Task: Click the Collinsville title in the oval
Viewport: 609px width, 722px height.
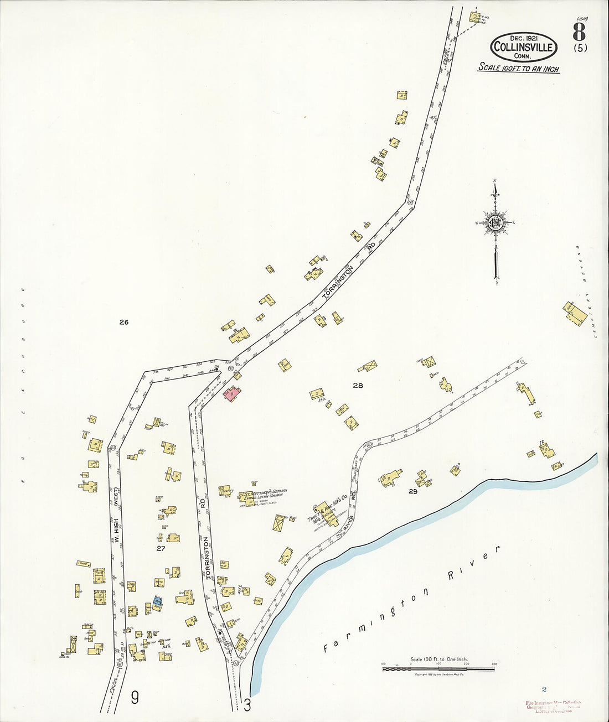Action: (523, 47)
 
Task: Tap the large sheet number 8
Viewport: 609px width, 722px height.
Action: (579, 30)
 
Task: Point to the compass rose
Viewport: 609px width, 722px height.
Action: (495, 223)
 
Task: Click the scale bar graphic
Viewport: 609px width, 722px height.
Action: (438, 669)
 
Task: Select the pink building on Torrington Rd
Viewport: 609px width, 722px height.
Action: (231, 393)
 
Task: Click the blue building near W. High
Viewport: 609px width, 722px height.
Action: (157, 601)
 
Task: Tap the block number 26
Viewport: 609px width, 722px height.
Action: (123, 322)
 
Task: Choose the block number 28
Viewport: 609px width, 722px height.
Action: (358, 386)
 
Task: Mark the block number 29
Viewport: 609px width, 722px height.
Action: (412, 491)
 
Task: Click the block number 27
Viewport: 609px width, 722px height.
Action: (161, 548)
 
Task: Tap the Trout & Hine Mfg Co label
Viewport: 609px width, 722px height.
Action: (328, 506)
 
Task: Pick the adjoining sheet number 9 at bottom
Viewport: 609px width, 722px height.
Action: (135, 698)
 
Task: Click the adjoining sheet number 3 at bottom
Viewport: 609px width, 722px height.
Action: (247, 705)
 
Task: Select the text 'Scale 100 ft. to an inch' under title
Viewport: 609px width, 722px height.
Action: (518, 69)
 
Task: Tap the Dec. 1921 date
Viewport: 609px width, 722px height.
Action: (523, 38)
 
